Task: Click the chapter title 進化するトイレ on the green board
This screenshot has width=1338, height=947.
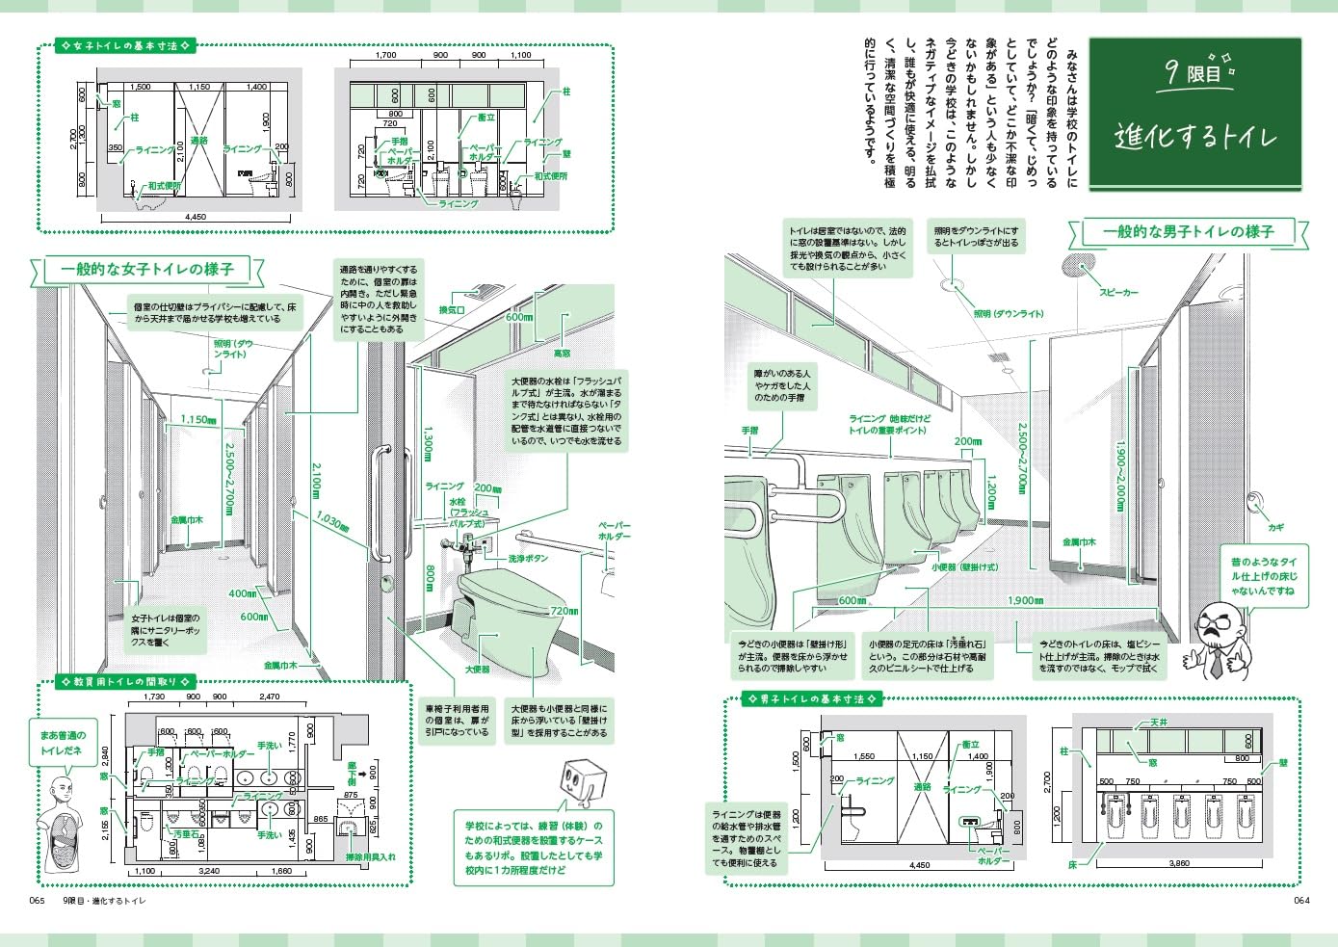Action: tap(1195, 136)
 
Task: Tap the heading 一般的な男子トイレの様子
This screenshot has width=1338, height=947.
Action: tap(1188, 232)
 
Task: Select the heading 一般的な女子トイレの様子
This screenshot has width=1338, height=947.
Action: tap(147, 270)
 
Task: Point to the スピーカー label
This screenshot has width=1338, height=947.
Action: tap(1118, 292)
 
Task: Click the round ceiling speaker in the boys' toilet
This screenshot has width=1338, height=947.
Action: tap(1080, 265)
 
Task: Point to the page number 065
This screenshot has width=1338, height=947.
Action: tap(37, 901)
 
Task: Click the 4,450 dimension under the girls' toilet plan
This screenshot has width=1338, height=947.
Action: tap(196, 218)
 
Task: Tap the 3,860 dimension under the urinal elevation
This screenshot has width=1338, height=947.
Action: tap(1178, 864)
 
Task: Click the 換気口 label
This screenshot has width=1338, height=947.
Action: tap(452, 310)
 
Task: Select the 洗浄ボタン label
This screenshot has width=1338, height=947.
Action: tap(529, 559)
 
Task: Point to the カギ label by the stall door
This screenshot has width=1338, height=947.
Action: tap(1275, 528)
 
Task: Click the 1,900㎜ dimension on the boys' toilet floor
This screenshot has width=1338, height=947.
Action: tap(1025, 601)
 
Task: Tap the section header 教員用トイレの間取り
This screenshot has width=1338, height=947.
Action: tap(125, 681)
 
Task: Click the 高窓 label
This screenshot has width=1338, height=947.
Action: tap(562, 354)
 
